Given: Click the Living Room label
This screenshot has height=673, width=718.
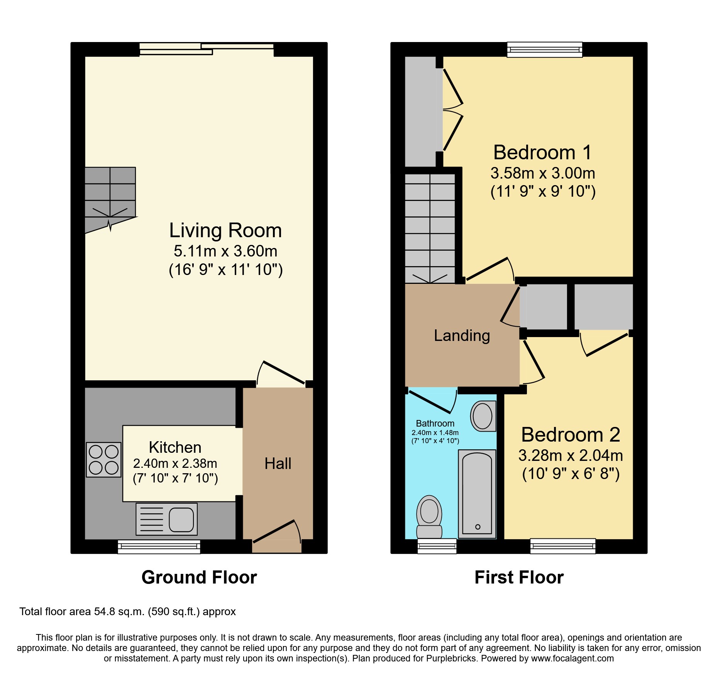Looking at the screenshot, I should point(225,231).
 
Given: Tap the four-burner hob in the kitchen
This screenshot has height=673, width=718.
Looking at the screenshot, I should point(103,460).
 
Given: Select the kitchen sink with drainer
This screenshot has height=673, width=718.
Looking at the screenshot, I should point(167,519).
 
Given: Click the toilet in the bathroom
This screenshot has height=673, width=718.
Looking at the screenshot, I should point(429,517).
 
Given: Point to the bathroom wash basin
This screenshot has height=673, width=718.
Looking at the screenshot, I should point(483,416).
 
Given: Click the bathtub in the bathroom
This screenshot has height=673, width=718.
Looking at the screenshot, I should point(477,494).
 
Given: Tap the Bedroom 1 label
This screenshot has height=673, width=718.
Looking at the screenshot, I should point(542,152).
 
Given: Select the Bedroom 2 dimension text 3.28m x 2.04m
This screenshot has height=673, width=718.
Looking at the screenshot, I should point(571,455).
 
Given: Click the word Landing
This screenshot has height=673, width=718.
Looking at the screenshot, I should point(462,336).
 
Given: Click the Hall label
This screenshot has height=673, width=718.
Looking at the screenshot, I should point(278,464).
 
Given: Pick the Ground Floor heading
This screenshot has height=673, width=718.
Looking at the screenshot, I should point(199,577).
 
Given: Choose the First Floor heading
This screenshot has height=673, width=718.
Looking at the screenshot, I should point(519,577).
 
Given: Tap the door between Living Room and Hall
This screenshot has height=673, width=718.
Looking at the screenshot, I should point(284,373).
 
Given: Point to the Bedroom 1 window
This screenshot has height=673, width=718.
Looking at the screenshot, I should point(544,50).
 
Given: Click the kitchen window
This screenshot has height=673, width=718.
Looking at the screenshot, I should point(159,546).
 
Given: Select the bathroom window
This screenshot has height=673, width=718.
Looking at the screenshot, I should point(437,546).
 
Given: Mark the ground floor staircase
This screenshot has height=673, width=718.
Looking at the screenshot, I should point(110,197).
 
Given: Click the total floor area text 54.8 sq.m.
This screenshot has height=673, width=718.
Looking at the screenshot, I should point(127,612).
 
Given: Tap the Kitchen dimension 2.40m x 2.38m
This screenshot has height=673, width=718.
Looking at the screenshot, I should point(175,463).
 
